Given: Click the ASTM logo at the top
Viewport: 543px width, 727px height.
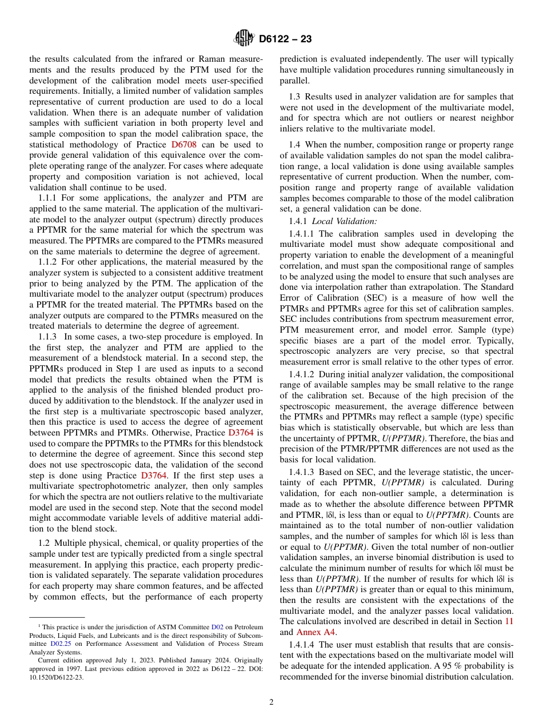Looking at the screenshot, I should tap(244, 39).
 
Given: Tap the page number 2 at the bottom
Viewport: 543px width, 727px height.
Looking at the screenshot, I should tap(271, 702).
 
